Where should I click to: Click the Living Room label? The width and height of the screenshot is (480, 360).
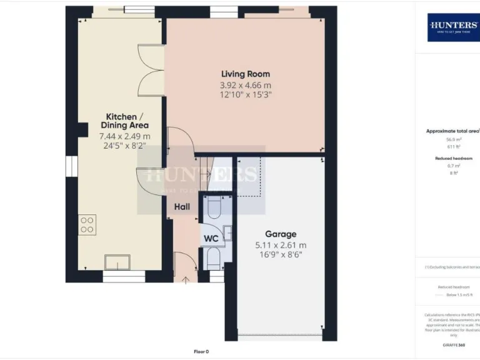(x=245, y=74)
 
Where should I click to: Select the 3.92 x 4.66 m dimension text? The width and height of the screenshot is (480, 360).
(x=245, y=86)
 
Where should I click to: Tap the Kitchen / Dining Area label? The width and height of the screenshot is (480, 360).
(x=126, y=121)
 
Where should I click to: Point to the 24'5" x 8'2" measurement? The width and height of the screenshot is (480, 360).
(x=126, y=146)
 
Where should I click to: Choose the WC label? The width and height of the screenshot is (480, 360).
(x=210, y=239)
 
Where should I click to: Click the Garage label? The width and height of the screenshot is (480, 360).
(x=281, y=234)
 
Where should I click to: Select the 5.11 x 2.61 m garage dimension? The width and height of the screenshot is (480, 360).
(x=281, y=245)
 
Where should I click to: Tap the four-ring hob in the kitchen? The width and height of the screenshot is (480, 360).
(x=87, y=225)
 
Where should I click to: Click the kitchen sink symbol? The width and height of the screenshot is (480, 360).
(x=117, y=262)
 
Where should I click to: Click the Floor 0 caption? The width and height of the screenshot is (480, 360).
(x=201, y=351)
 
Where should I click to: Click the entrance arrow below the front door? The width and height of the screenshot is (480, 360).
(x=185, y=279)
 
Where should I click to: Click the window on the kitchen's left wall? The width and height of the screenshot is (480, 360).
(x=69, y=170)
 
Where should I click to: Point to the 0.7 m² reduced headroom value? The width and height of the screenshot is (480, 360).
(x=453, y=167)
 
